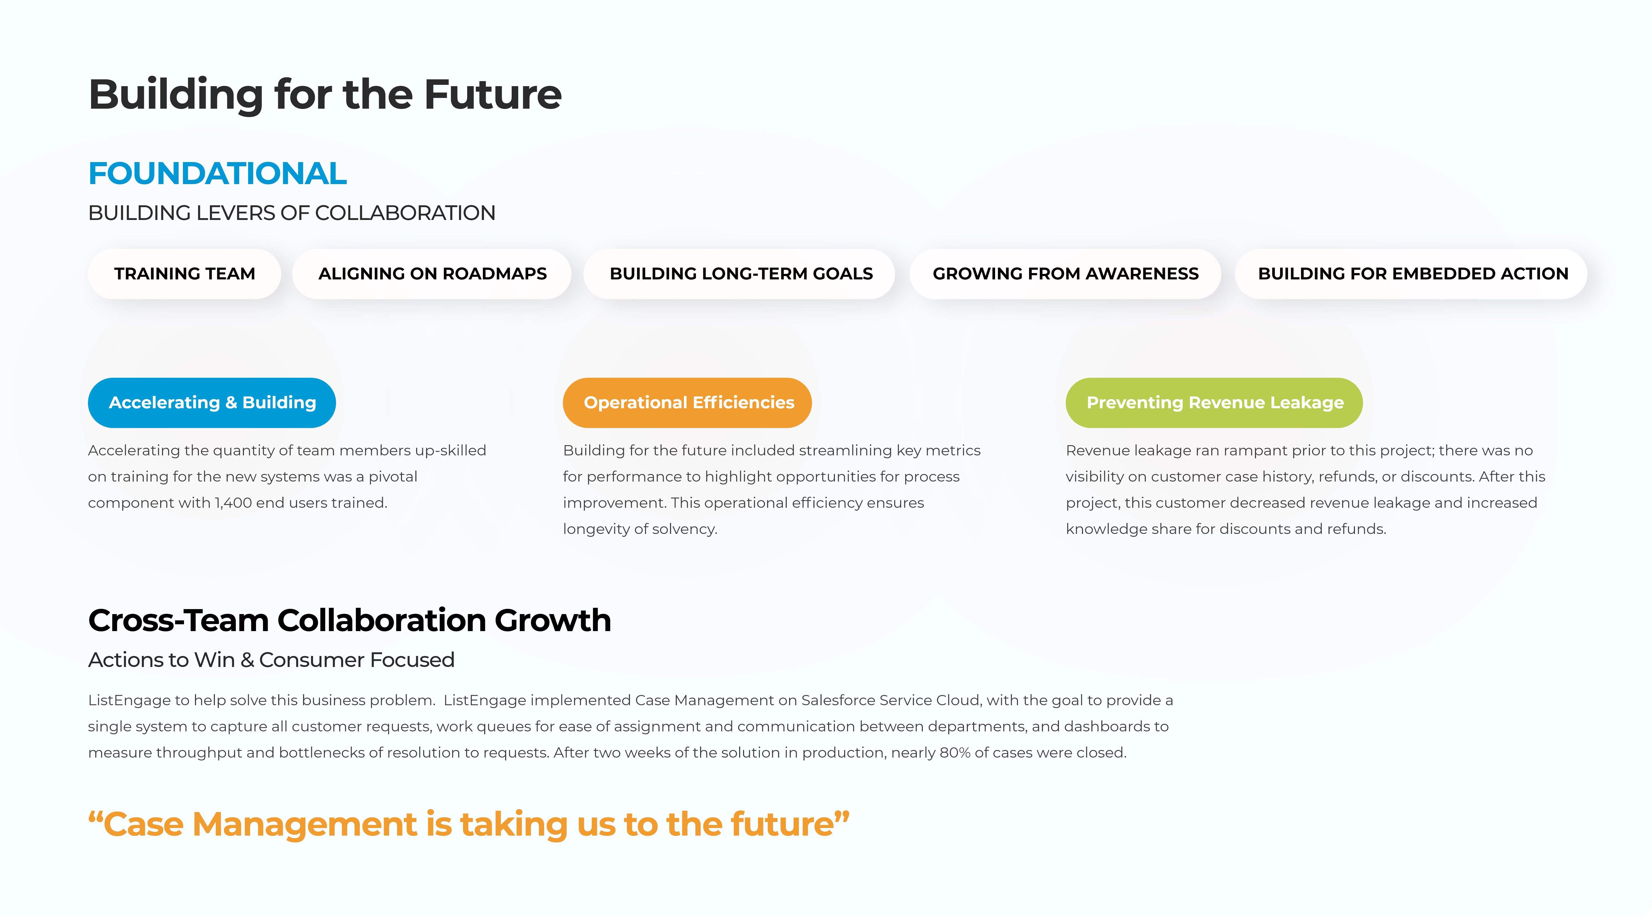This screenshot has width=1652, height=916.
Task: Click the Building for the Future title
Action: pos(325,94)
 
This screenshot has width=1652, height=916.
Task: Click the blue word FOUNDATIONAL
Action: pos(217,173)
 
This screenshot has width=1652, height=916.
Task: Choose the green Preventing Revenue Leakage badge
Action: pos(1214,403)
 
